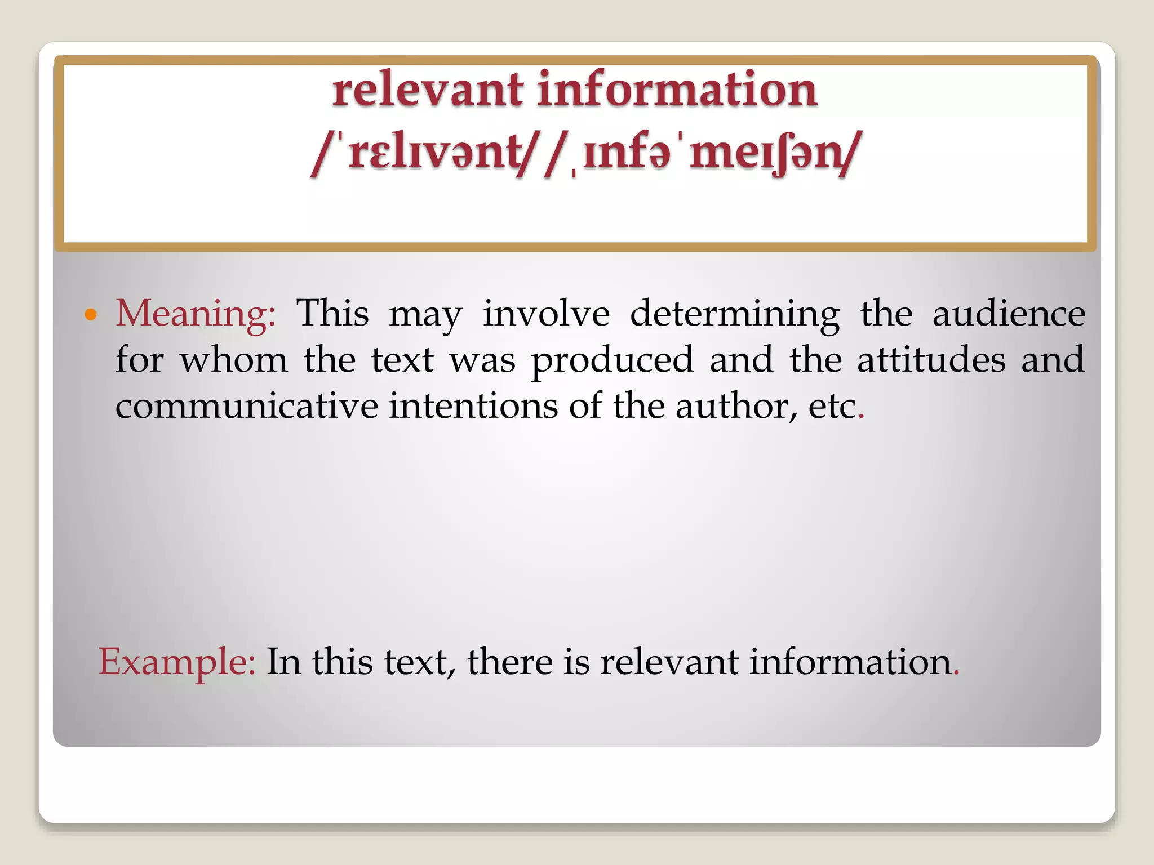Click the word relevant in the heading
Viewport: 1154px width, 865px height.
428,90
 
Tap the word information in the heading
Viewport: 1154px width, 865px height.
677,90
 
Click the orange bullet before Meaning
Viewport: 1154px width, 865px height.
90,314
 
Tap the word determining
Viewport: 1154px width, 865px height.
735,314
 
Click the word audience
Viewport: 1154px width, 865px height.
1009,313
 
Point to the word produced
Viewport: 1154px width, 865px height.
612,360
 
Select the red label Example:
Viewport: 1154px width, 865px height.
177,661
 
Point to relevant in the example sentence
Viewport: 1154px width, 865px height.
669,661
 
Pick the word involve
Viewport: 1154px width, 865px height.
546,313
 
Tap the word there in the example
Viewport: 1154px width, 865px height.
509,661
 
